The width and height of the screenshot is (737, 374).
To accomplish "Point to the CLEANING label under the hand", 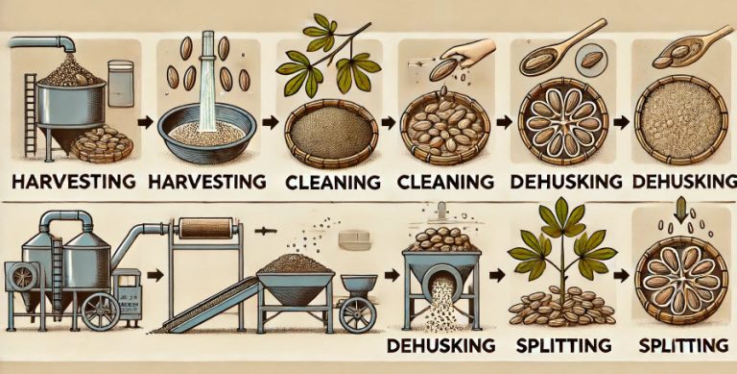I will [x=441, y=181].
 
